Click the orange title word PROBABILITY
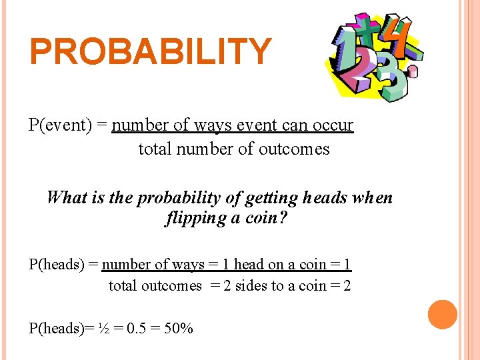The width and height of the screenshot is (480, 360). [151, 52]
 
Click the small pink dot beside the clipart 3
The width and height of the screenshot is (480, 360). [413, 70]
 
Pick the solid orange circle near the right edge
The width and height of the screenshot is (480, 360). [443, 315]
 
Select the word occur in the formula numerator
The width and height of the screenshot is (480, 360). [330, 125]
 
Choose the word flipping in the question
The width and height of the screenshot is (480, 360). [195, 219]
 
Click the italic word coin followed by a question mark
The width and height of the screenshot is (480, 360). [267, 219]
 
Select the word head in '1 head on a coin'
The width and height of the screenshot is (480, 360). [249, 265]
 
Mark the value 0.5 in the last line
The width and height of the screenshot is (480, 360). [137, 328]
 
